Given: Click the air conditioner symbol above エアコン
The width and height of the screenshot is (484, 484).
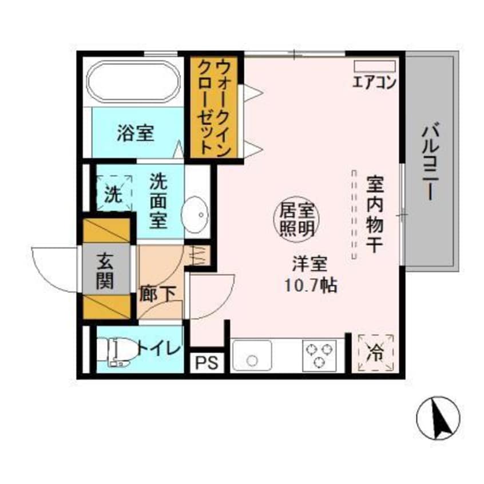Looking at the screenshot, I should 374,66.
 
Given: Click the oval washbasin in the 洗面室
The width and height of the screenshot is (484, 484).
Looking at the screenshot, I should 196,215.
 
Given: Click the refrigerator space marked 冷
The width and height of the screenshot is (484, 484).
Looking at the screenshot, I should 376,351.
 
